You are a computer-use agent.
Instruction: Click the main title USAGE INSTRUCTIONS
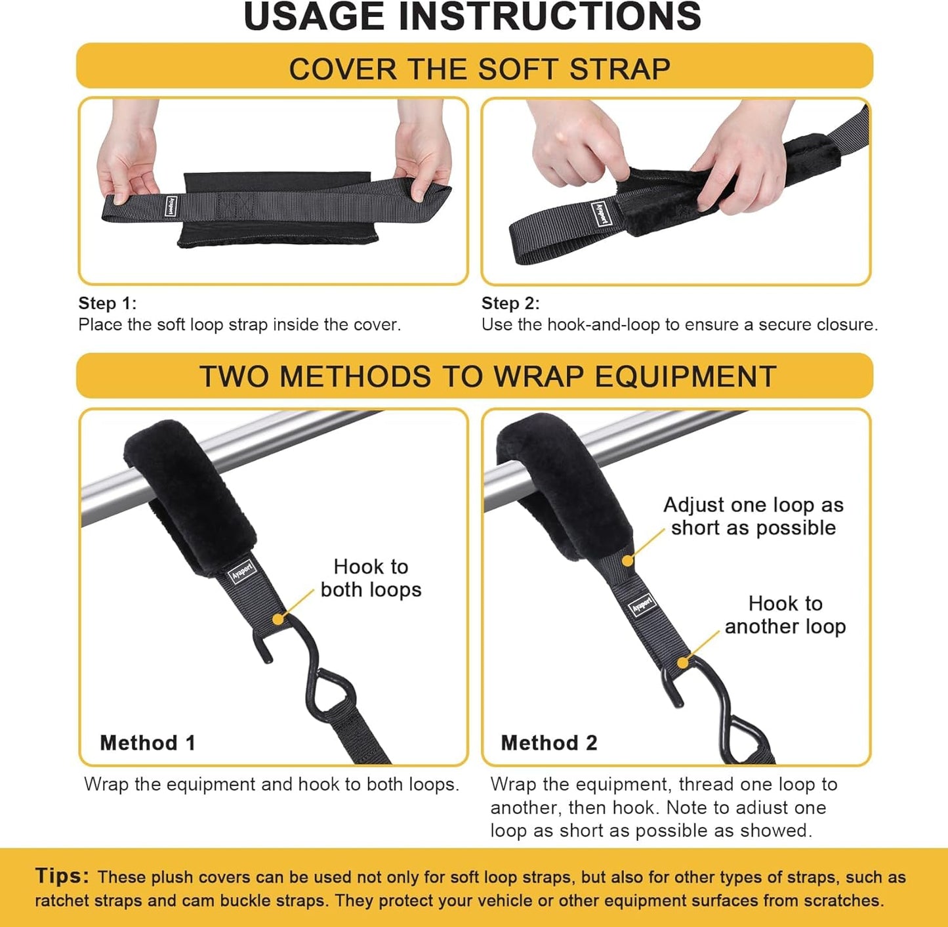tap(472, 17)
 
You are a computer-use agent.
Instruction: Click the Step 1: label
tap(108, 303)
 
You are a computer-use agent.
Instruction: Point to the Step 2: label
tap(510, 303)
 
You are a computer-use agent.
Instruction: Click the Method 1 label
tap(148, 743)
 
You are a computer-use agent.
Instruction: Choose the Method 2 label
tap(549, 743)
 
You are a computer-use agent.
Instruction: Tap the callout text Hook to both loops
tap(371, 578)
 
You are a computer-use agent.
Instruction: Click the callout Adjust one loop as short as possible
tap(753, 516)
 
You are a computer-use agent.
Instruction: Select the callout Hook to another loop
tap(785, 615)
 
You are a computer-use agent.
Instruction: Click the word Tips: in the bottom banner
tap(62, 876)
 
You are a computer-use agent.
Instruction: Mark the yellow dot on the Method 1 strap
tap(278, 619)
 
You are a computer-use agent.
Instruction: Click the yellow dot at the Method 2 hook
tap(683, 662)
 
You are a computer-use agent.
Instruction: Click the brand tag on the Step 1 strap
tap(171, 205)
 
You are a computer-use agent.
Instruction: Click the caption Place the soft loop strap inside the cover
tap(239, 325)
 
